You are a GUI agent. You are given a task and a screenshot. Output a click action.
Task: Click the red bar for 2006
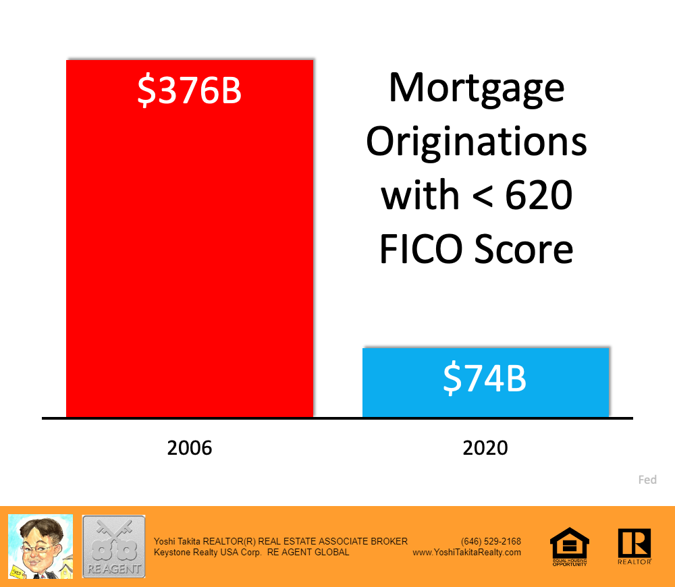coord(190,238)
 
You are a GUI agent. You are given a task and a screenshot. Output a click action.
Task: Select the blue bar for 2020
coord(485,383)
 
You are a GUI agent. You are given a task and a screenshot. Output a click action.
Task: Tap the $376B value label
coord(190,90)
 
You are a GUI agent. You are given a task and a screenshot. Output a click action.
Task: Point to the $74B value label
coord(485,379)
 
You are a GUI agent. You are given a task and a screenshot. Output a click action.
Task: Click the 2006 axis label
coord(190,448)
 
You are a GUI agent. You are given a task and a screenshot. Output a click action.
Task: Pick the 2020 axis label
coord(485,448)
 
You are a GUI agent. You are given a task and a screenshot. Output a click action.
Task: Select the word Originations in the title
coord(477,142)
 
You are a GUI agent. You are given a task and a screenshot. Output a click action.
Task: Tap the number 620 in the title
coord(539,195)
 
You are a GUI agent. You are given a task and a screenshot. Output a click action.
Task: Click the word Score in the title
coord(524,249)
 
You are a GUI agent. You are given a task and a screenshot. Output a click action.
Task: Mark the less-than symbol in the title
coord(483,196)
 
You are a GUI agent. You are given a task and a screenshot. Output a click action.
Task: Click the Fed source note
coord(647,480)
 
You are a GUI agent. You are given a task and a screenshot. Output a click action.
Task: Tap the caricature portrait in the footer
coord(40,547)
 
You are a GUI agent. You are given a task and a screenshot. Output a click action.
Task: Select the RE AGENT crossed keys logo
coord(113,547)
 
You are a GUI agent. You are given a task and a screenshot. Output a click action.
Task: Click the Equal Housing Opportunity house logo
coord(570,546)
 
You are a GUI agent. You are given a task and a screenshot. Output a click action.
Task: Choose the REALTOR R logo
coord(634,546)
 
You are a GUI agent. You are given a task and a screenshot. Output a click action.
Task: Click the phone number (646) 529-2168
coord(491,541)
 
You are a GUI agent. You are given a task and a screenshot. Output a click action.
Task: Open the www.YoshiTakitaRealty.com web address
coord(466,553)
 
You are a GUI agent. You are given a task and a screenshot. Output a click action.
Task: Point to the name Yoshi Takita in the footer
coord(177,541)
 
